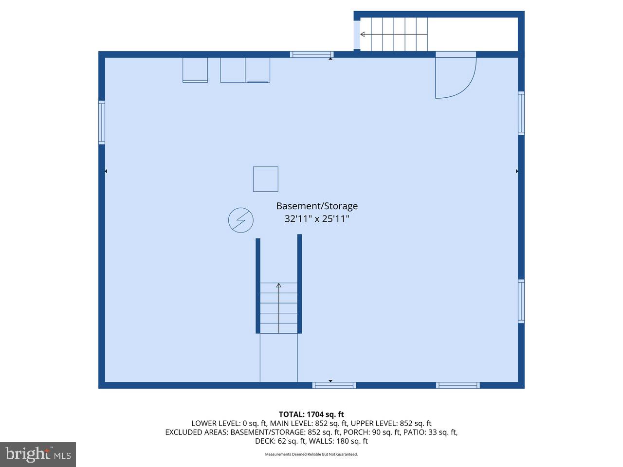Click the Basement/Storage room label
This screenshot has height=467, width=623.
point(317,206)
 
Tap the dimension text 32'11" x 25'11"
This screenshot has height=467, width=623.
point(317,219)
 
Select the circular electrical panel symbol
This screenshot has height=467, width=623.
point(241,220)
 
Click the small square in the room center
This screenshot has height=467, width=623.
point(266,179)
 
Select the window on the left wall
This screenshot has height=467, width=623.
point(102,122)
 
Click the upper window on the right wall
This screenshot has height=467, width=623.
point(521,113)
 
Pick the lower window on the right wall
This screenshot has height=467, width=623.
point(521,301)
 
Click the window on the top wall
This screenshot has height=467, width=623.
point(311,54)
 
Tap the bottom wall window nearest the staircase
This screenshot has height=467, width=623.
point(334,385)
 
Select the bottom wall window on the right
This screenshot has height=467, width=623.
point(458,385)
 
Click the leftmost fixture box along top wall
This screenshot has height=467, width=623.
point(195,70)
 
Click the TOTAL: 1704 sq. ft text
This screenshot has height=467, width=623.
point(311,414)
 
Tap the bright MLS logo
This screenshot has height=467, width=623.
point(37,454)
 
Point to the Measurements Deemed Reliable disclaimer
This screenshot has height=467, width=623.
point(311,454)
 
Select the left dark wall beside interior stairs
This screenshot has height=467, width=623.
point(258,286)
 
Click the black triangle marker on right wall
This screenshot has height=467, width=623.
point(517,171)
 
